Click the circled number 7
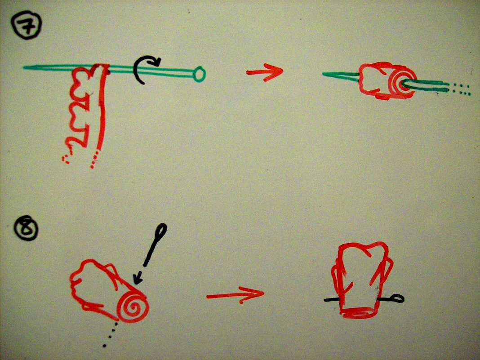coord(26,25)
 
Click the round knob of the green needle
coord(200,75)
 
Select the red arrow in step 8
coord(235,295)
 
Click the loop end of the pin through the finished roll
coord(397,298)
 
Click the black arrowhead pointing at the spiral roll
coord(138,277)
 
